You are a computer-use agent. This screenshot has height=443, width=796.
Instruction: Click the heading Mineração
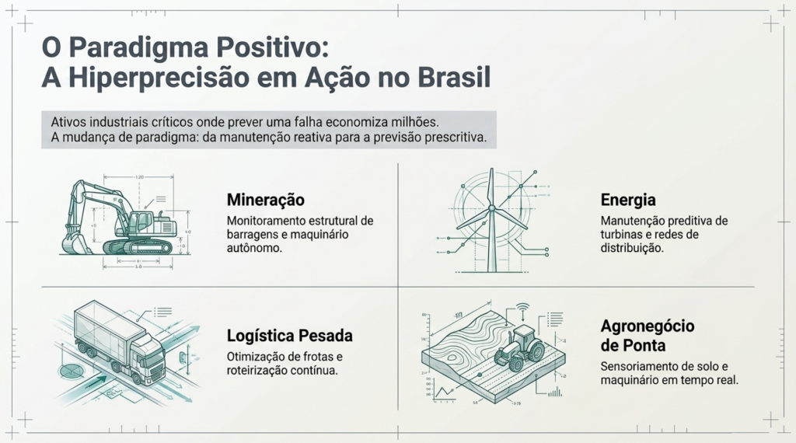(266, 200)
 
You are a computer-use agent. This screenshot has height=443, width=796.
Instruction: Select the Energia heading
(628, 200)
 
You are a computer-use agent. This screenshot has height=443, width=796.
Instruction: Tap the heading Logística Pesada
(289, 336)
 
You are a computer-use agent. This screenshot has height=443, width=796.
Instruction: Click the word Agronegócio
(648, 326)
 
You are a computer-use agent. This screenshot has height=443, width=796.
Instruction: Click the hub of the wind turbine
(491, 208)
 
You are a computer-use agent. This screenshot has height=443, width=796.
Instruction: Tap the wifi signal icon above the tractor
(522, 308)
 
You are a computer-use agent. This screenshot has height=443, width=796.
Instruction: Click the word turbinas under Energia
(620, 235)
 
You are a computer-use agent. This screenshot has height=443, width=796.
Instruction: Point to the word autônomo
(254, 248)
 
